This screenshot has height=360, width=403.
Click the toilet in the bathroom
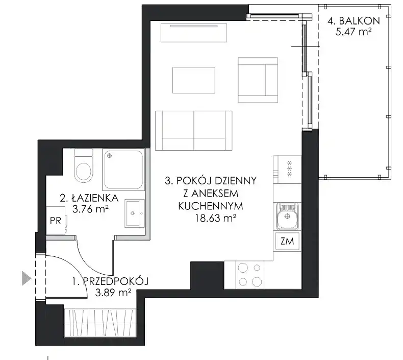[x=83, y=165]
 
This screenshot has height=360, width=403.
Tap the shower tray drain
[x=110, y=155]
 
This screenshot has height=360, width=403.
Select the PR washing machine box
[x=56, y=221]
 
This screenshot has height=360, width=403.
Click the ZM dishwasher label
[x=287, y=241]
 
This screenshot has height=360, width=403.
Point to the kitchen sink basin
[x=287, y=216]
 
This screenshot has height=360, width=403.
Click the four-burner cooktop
[x=250, y=275]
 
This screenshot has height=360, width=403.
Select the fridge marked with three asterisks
[x=287, y=170]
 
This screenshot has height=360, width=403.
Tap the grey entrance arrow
[x=27, y=278]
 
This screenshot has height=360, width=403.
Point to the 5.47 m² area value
[x=354, y=32]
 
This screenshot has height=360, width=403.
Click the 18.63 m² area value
[x=215, y=218]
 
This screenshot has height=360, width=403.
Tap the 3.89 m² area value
[x=113, y=292]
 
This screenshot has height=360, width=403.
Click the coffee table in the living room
[x=194, y=80]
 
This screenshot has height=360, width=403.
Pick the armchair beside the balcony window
[x=258, y=80]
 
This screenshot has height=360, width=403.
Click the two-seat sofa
[x=194, y=130]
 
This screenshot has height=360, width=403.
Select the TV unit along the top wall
[x=194, y=32]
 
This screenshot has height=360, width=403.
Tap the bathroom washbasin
[x=135, y=213]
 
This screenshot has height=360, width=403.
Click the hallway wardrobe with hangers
[x=100, y=323]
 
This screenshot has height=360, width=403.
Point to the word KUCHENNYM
[x=211, y=206]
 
